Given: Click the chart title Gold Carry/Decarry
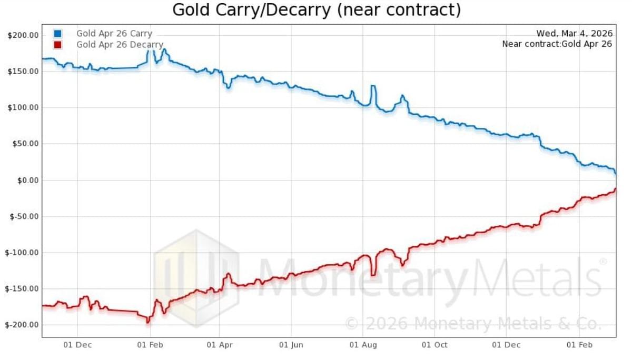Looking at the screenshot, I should coord(316,9).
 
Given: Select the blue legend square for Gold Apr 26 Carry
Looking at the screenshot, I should coord(58,34).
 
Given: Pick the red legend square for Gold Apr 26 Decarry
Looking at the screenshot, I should coord(58,45).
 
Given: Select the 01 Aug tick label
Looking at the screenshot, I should coord(363,345).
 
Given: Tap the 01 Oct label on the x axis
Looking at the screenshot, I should coord(435,345).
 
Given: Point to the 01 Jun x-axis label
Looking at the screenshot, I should coord(291,345).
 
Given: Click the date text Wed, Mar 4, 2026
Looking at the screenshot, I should coord(574,34).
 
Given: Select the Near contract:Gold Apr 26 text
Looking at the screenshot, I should coord(557,44).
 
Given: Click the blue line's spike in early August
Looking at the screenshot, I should coord(373,86).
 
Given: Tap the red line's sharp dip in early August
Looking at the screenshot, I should coord(373,274).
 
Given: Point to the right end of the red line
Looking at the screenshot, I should coord(615,189).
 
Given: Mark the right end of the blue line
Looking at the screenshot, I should coord(615,172).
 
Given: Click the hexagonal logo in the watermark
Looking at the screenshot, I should coord(196,277).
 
